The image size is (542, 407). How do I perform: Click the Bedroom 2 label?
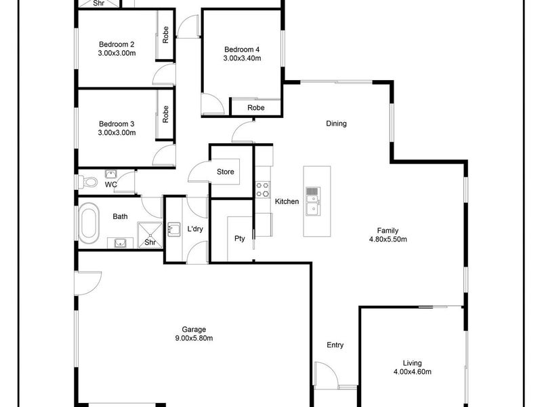click(x=117, y=44)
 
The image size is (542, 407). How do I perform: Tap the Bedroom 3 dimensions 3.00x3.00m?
click(x=117, y=132)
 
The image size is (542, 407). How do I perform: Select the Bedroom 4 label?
click(x=242, y=50)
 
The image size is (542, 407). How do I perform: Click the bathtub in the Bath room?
click(x=89, y=223)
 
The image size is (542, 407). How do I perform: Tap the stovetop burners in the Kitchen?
click(x=263, y=190)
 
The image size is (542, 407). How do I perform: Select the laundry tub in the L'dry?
click(x=174, y=229)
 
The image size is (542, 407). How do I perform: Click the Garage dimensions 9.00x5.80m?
click(x=194, y=338)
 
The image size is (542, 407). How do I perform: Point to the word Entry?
click(x=335, y=345)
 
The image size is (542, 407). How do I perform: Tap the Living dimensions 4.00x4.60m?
click(x=413, y=372)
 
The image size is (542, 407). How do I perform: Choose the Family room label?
click(x=388, y=231)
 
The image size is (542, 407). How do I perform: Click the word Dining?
click(x=336, y=123)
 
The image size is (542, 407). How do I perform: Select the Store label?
click(x=226, y=172)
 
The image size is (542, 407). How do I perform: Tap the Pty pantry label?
click(x=240, y=239)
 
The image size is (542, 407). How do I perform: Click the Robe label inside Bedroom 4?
click(x=256, y=108)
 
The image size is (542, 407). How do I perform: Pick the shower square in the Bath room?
click(x=150, y=235)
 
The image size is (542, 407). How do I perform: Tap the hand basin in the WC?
click(x=111, y=174)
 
